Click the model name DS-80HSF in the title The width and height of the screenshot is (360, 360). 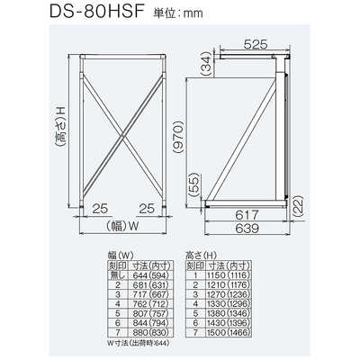click(60, 15)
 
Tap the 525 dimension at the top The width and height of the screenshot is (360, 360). click(254, 40)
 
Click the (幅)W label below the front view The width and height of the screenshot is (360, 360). click(118, 226)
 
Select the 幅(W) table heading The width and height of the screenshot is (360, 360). click(109, 255)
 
